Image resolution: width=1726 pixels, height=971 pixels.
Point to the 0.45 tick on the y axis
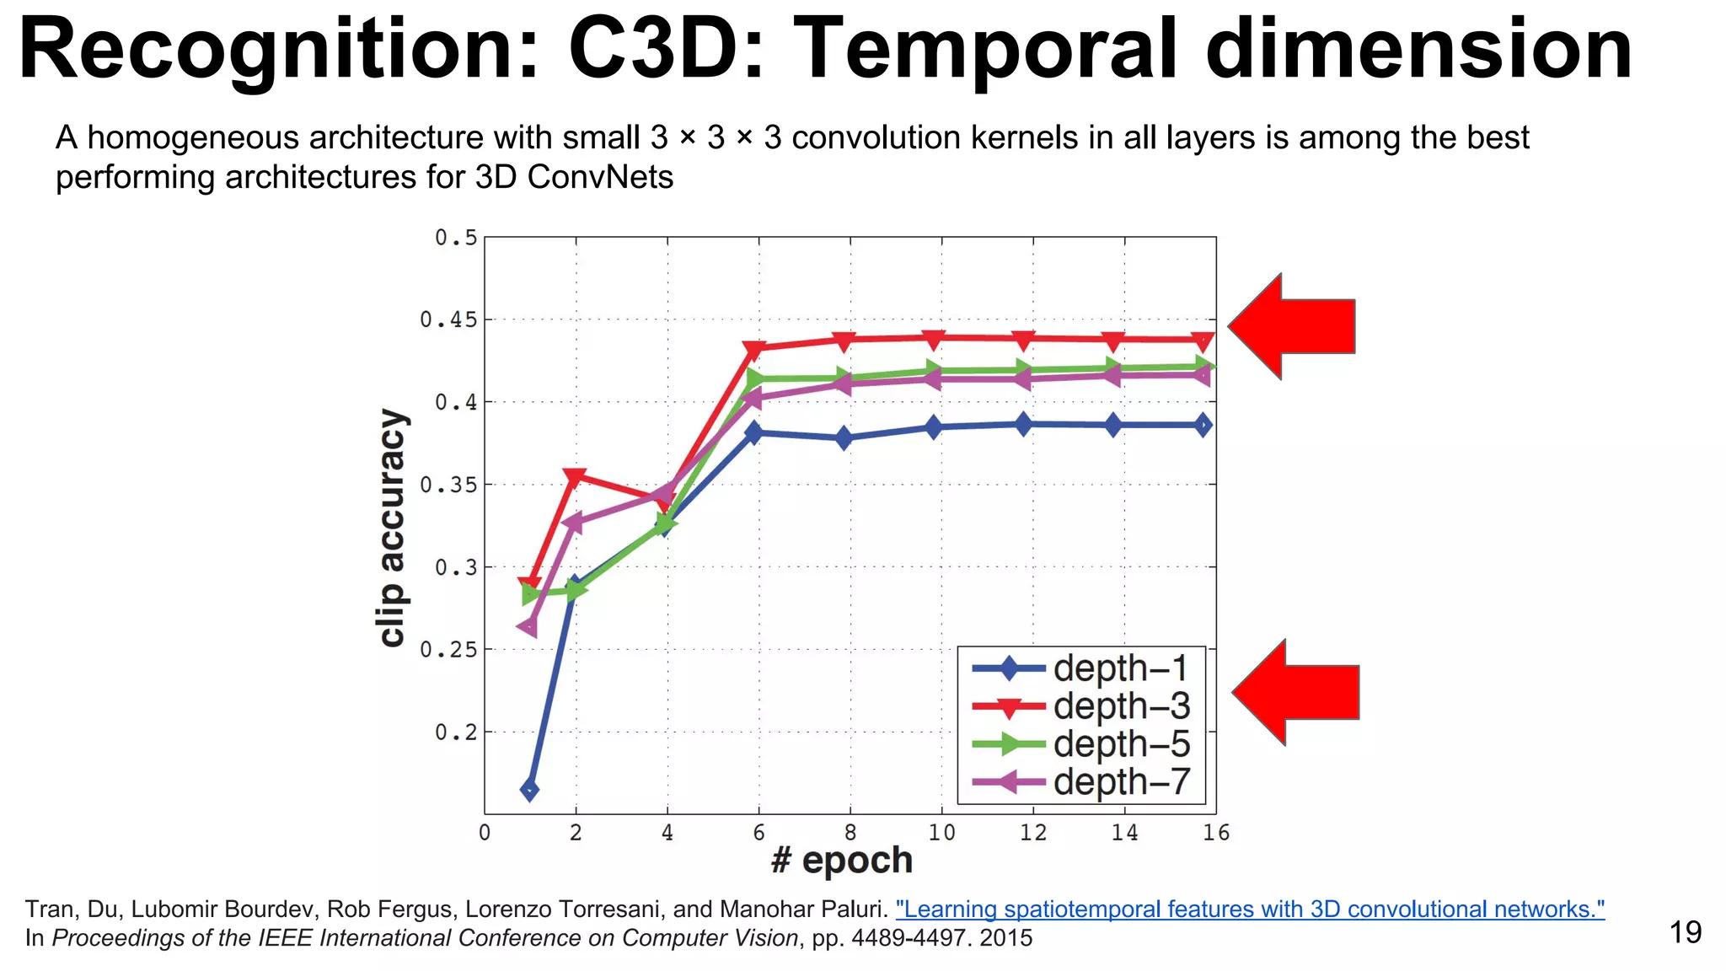(448, 319)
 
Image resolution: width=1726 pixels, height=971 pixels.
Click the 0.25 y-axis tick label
(448, 650)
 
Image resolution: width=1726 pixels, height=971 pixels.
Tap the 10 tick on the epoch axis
(941, 833)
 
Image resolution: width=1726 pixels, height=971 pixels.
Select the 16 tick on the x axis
(1215, 833)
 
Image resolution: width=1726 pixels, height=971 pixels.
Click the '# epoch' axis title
(842, 861)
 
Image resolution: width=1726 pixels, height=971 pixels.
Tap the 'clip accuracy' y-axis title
(392, 528)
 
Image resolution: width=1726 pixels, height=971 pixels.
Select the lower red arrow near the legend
(1296, 692)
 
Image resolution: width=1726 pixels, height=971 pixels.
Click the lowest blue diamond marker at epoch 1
(529, 790)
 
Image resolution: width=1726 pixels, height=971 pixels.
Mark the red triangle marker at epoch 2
(575, 477)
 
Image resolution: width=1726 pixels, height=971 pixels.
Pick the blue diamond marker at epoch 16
(1203, 425)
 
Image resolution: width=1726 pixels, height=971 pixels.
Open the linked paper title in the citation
(1250, 909)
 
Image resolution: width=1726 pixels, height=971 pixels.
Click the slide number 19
(1685, 932)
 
